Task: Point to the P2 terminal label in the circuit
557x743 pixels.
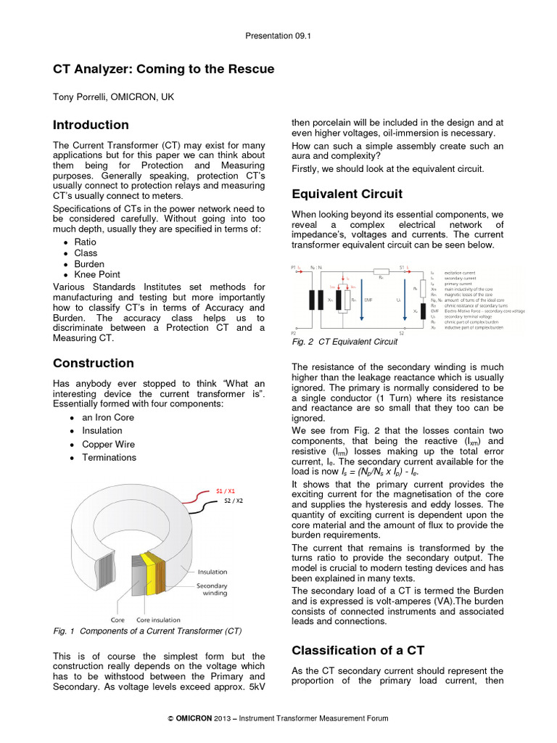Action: pos(294,332)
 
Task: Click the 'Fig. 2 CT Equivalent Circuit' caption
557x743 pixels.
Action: pos(344,342)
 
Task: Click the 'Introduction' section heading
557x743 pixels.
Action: pos(91,125)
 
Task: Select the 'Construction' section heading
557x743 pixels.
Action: pos(94,363)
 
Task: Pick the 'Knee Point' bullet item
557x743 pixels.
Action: pos(97,275)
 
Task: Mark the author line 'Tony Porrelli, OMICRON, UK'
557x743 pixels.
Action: pos(114,97)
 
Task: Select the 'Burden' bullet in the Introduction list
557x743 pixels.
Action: pos(89,264)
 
